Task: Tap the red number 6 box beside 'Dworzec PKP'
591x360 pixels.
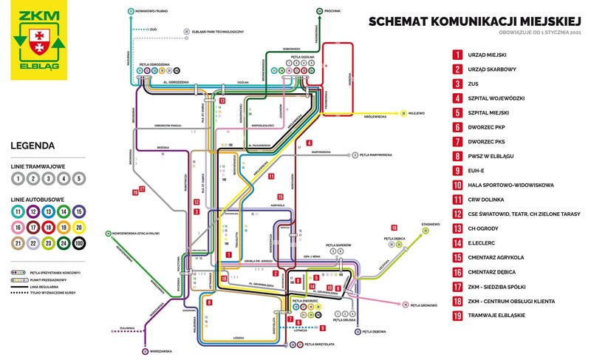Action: tap(458, 136)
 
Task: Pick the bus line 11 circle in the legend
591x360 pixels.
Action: tap(16, 211)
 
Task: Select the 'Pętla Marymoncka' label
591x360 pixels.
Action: tap(378, 155)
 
